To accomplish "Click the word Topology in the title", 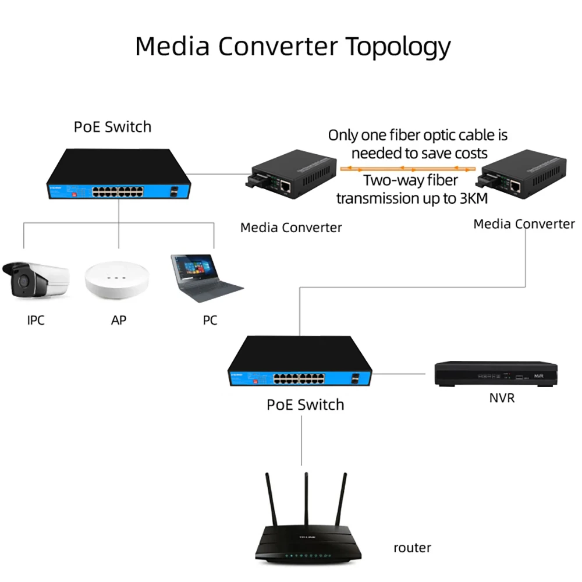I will coord(399,47).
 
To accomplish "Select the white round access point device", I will coord(119,280).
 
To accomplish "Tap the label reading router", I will coord(412,547).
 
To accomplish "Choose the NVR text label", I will coord(502,398).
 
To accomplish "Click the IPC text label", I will coord(36,320).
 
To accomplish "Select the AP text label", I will coord(119,320).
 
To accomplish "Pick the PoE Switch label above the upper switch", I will coord(112,126).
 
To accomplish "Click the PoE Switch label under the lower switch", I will coord(305,404).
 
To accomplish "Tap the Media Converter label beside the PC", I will coord(291,227).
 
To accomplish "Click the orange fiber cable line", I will coord(407,169).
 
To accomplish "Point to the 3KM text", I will coord(470,198).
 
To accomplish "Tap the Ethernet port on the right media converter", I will coord(516,186).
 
